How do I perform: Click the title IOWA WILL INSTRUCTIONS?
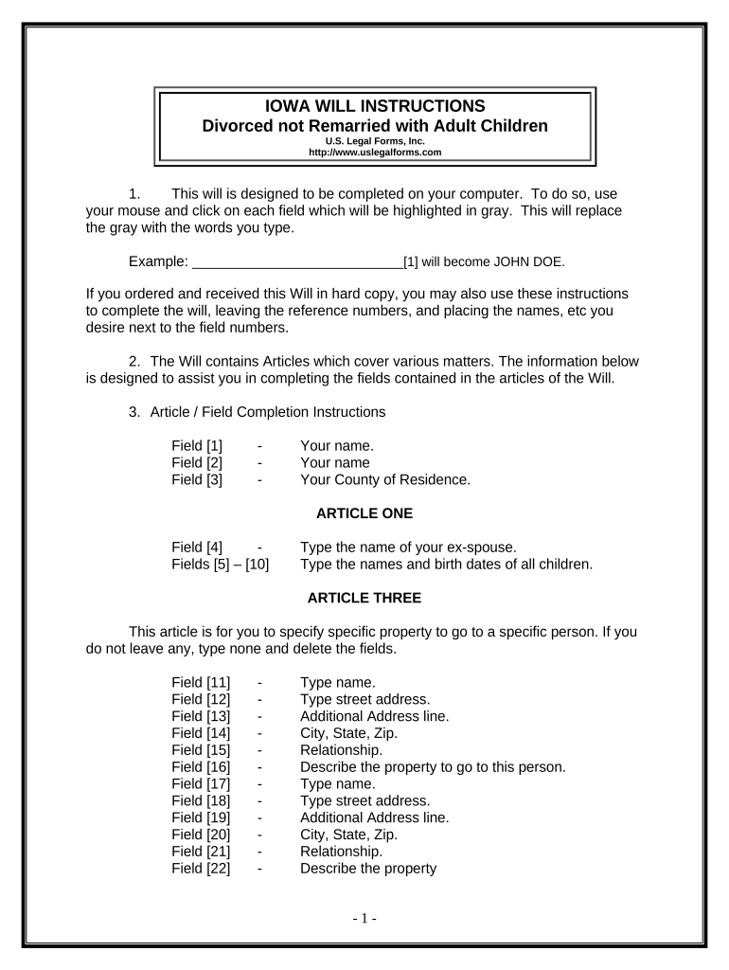pyautogui.click(x=375, y=105)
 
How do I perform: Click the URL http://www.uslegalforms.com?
pyautogui.click(x=375, y=152)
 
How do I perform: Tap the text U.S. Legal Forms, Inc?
pyautogui.click(x=375, y=140)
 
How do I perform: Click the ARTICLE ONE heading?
pyautogui.click(x=364, y=513)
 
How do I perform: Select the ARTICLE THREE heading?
pyautogui.click(x=364, y=598)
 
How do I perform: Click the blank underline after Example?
pyautogui.click(x=297, y=260)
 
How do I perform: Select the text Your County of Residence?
pyautogui.click(x=384, y=479)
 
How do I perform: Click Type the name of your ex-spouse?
pyautogui.click(x=408, y=547)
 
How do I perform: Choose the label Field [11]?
pyautogui.click(x=201, y=681)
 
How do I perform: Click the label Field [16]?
pyautogui.click(x=201, y=766)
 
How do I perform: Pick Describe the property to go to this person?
pyautogui.click(x=433, y=766)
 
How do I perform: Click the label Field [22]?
pyautogui.click(x=201, y=869)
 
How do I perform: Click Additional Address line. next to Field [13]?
pyautogui.click(x=374, y=715)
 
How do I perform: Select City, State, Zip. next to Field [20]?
pyautogui.click(x=348, y=835)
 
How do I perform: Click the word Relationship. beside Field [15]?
pyautogui.click(x=341, y=749)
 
